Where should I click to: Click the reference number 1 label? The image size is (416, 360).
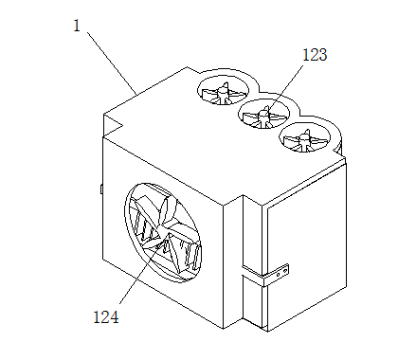pyautogui.click(x=77, y=26)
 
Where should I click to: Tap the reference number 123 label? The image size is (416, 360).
pyautogui.click(x=315, y=55)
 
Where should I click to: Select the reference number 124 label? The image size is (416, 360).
pyautogui.click(x=106, y=317)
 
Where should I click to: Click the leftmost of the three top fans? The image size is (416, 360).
pyautogui.click(x=223, y=91)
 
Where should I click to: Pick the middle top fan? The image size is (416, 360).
pyautogui.click(x=263, y=114)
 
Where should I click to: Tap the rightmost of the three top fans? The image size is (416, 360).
pyautogui.click(x=304, y=137)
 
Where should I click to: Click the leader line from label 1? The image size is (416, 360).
pyautogui.click(x=112, y=63)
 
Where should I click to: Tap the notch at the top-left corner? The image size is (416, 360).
pyautogui.click(x=113, y=126)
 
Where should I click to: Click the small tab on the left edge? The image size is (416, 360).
pyautogui.click(x=101, y=189)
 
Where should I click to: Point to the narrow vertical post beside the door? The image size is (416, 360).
pyautogui.click(x=252, y=261)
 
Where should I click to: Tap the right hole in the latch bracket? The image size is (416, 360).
pyautogui.click(x=284, y=271)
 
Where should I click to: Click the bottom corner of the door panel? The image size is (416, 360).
pyautogui.click(x=267, y=331)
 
